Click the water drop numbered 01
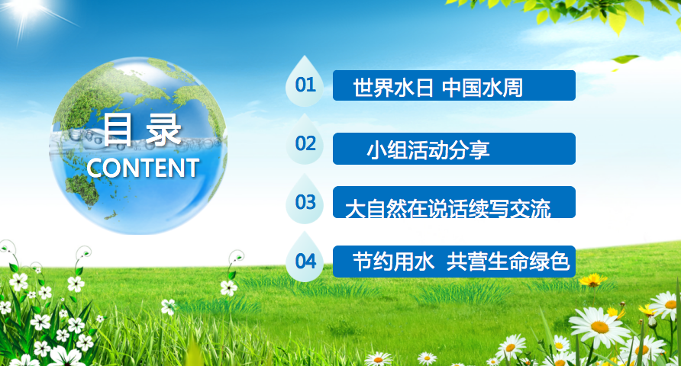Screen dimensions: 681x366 pos(305,82)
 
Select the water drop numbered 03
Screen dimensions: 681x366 pos(305,201)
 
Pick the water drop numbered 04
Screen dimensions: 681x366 pos(305,259)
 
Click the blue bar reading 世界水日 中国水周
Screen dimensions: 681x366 pos(453,85)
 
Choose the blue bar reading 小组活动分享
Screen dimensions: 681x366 pos(453,149)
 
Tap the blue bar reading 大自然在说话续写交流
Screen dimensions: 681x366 pos(453,202)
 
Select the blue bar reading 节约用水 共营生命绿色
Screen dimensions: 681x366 pos(453,262)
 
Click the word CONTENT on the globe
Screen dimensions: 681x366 pos(143,168)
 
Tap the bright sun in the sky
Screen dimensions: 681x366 pos(26,8)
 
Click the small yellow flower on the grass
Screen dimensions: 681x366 pos(592,280)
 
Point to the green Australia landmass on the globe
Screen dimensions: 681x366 pos(82,189)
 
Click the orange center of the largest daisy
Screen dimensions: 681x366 pos(600,326)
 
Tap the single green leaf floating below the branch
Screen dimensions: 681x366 pos(625,59)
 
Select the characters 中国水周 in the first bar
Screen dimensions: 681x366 pos(482,88)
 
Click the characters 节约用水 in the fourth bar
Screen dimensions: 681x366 pos(393,262)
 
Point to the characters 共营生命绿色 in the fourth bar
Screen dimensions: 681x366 pos(508,262)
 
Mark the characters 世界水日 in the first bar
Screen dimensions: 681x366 pos(393,88)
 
